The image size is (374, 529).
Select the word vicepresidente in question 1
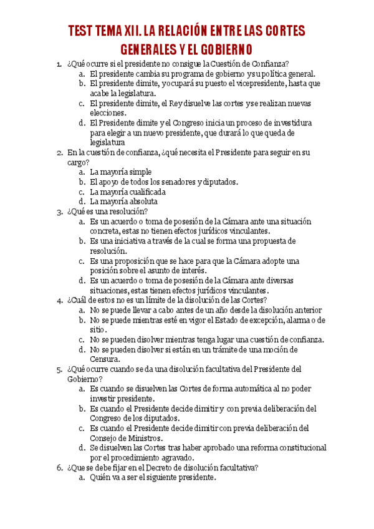(x=255, y=83)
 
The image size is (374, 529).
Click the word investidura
(x=291, y=123)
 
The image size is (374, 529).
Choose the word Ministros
(x=144, y=439)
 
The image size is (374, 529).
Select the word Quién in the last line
(x=102, y=478)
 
